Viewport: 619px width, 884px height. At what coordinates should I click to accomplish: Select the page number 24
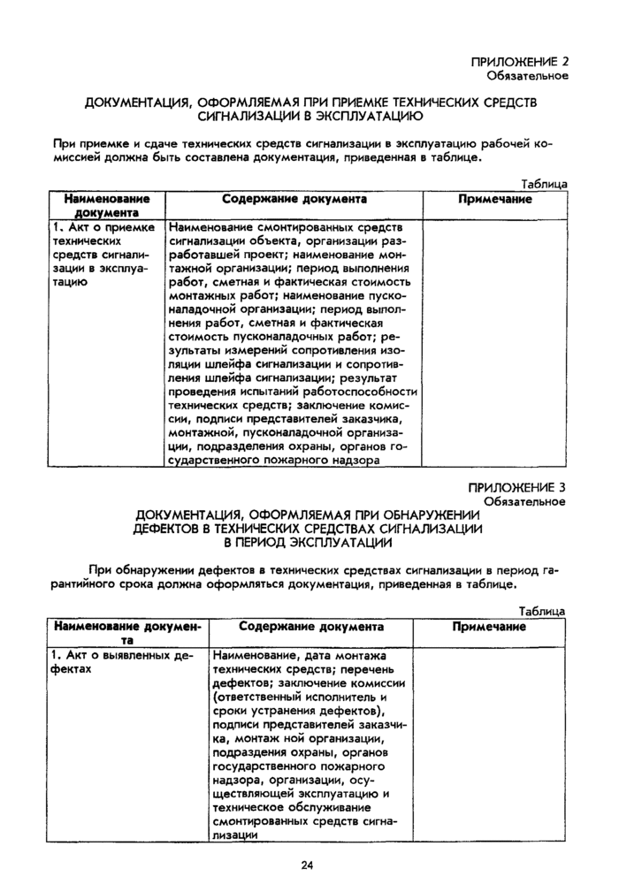(307, 864)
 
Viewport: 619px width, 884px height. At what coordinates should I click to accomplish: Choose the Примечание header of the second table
(489, 627)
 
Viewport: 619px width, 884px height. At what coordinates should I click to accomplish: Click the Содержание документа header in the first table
(294, 200)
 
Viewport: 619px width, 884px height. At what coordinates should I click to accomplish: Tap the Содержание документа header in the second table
(311, 627)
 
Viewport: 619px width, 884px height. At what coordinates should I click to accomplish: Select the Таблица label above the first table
(544, 185)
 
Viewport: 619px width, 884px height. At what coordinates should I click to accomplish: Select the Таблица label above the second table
(542, 612)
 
